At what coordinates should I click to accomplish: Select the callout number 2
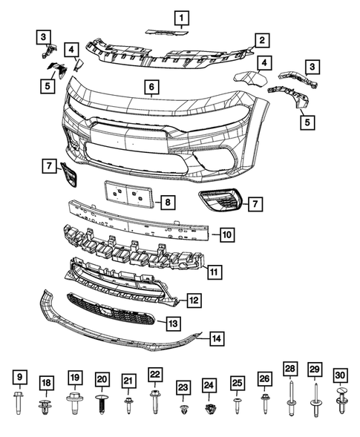tap(261, 40)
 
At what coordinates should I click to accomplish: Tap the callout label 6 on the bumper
tap(151, 88)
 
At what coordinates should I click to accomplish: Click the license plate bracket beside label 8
tap(128, 195)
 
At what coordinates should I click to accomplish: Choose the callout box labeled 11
tap(213, 272)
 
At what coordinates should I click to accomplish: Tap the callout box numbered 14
tap(215, 338)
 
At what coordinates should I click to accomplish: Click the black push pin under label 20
tap(102, 405)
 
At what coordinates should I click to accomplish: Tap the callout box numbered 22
tap(154, 374)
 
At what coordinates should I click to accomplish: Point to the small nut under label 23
tap(183, 409)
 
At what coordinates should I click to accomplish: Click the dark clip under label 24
tap(209, 409)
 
